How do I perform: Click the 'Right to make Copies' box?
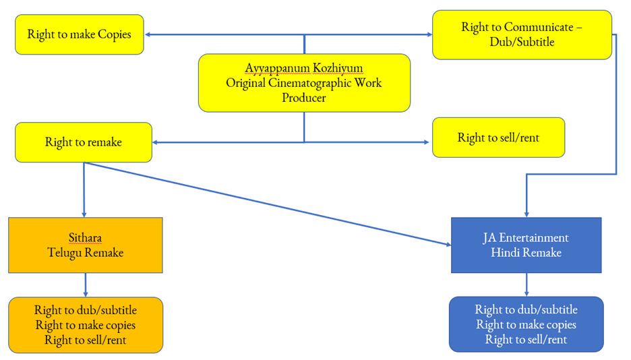click(x=80, y=34)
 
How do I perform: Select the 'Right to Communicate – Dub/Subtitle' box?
click(x=522, y=34)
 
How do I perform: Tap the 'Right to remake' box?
click(x=84, y=142)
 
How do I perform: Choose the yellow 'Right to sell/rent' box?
click(x=498, y=138)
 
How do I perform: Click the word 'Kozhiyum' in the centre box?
click(x=335, y=69)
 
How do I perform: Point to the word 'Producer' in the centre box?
click(x=304, y=98)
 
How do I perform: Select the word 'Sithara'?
click(x=85, y=238)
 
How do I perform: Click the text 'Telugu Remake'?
click(x=85, y=253)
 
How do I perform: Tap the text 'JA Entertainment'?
click(x=526, y=238)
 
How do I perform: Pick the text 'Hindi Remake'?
click(x=526, y=253)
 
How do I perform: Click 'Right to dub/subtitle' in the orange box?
click(x=86, y=310)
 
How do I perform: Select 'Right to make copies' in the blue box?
click(x=526, y=325)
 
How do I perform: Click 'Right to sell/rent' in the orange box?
click(x=86, y=340)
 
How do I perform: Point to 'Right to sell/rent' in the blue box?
click(x=526, y=340)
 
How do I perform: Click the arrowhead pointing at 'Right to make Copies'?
click(x=148, y=34)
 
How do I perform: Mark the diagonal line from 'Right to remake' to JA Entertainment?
click(x=270, y=203)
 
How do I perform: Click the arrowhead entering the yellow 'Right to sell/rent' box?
click(x=425, y=142)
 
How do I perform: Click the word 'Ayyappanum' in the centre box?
click(x=274, y=69)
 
